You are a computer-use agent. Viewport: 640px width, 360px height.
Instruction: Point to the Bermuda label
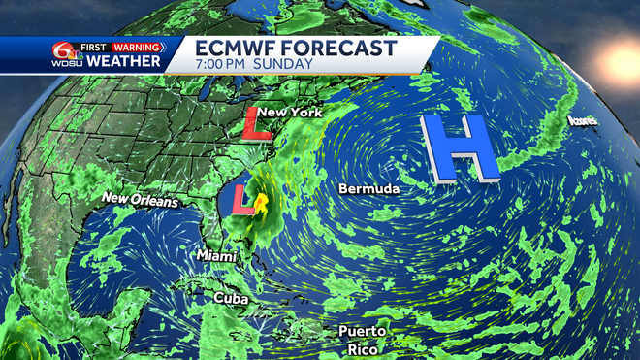368,188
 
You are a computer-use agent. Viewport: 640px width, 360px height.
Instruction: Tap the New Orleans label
141,201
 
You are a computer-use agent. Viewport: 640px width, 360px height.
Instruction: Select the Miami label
216,254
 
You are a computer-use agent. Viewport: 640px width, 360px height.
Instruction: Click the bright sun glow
622,63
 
